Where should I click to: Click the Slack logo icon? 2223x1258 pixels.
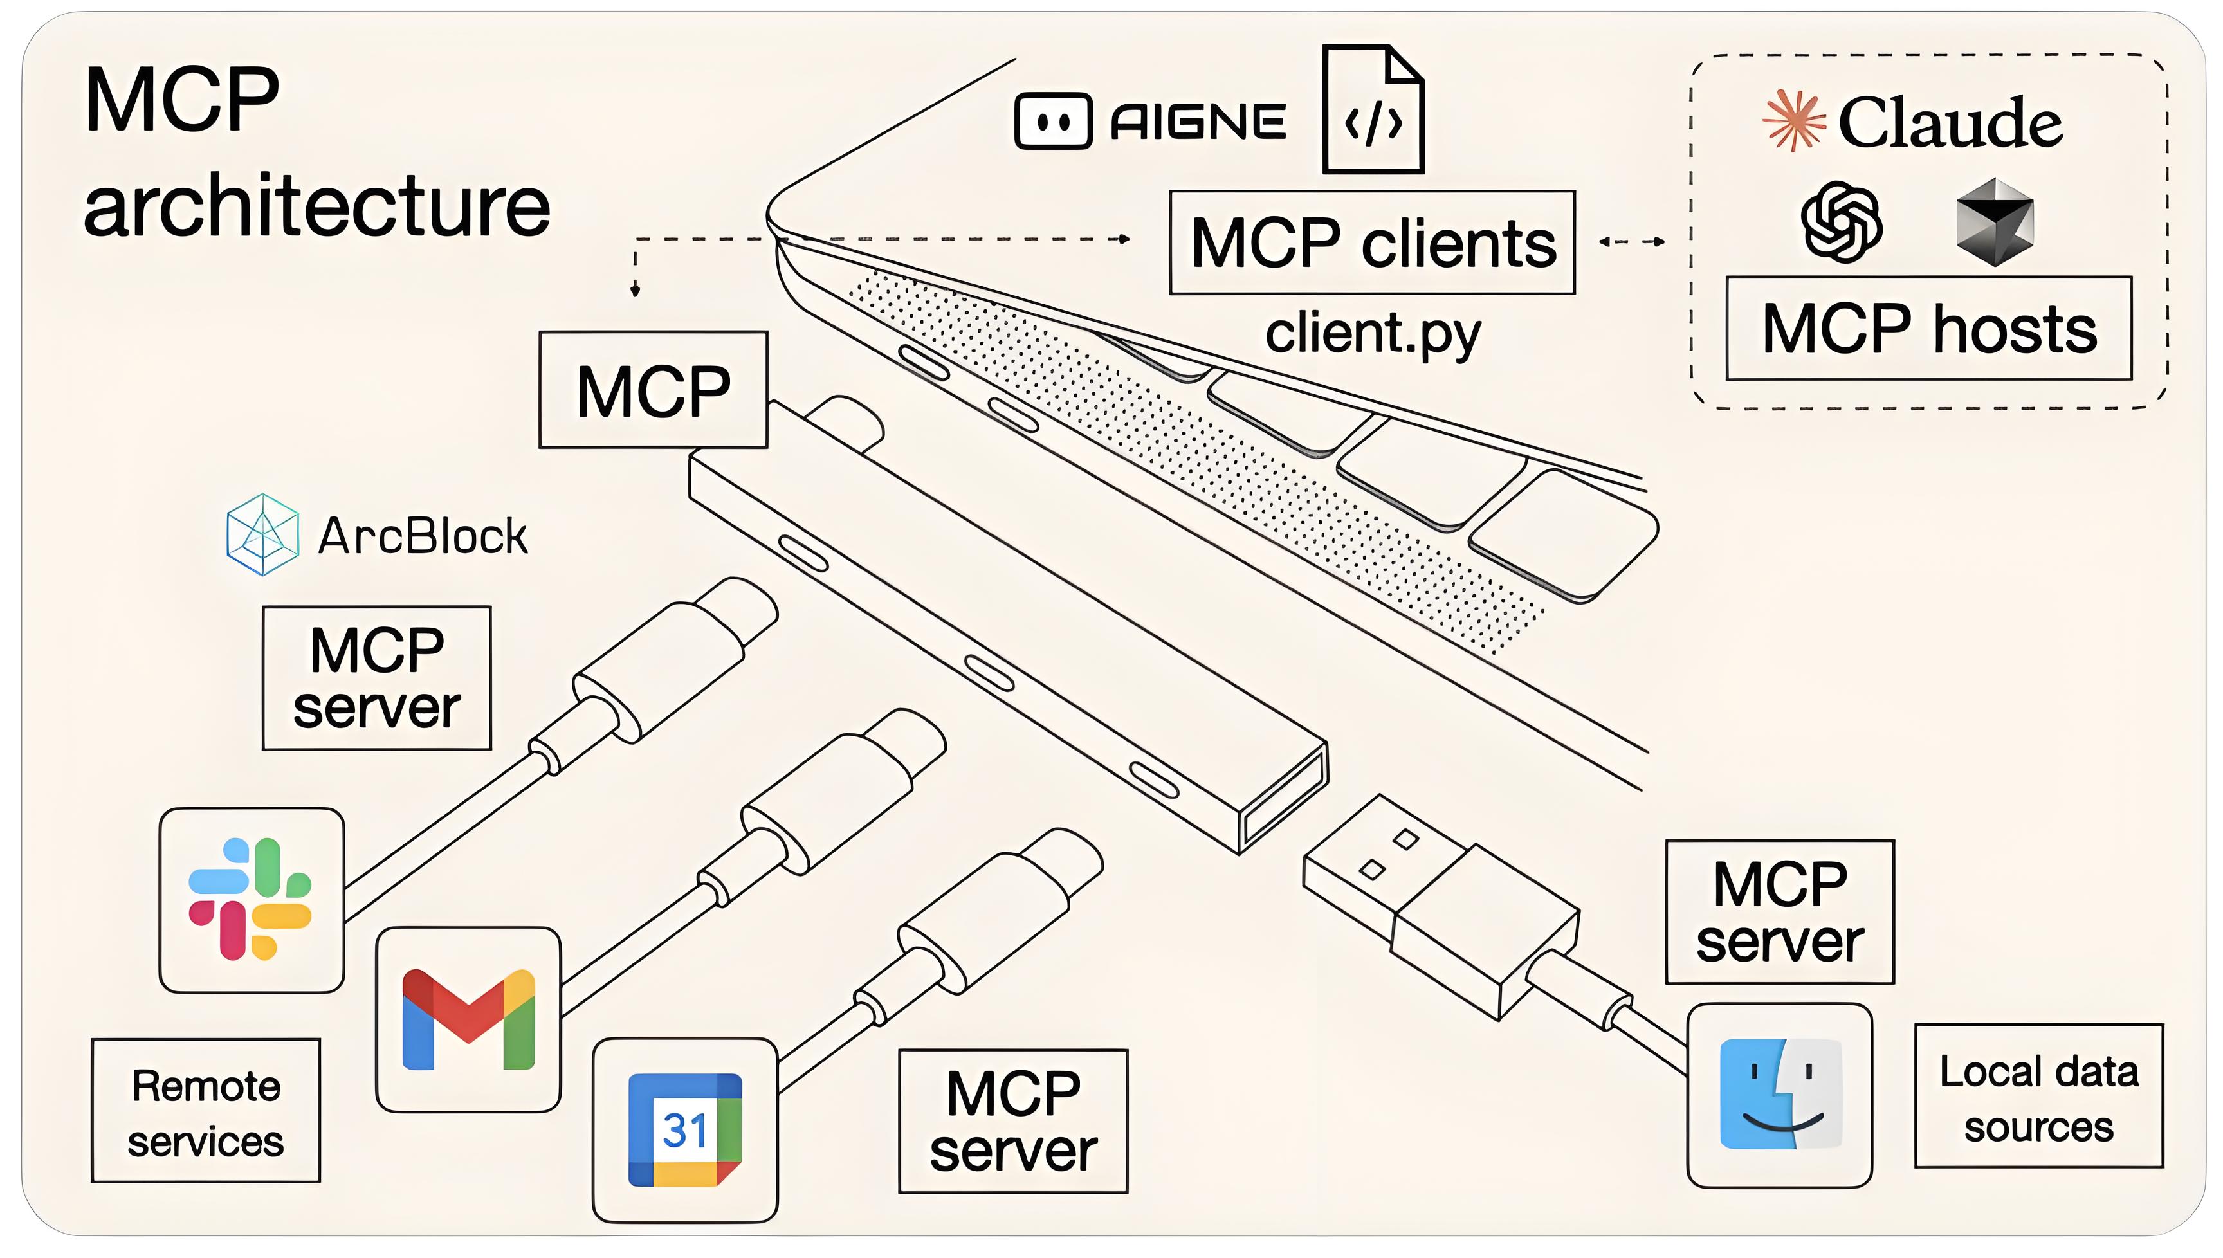point(251,899)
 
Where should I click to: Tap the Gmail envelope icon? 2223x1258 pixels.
point(468,1019)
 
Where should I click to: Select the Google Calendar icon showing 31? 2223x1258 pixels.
point(684,1129)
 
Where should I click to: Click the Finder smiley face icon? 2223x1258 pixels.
point(1780,1095)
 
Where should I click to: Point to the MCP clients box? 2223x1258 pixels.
point(1371,242)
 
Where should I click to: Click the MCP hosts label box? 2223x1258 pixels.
point(1928,328)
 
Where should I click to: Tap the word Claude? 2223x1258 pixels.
point(1950,123)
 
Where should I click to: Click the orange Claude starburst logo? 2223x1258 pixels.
point(1793,121)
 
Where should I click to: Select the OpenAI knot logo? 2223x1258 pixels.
point(1841,221)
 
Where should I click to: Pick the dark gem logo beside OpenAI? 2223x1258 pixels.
point(1994,222)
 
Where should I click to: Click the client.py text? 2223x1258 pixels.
point(1372,334)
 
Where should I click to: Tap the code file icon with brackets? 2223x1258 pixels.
point(1372,111)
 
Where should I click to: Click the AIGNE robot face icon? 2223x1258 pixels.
point(1053,121)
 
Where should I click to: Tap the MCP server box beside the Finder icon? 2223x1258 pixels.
point(1779,911)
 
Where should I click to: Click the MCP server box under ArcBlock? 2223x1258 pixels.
point(377,679)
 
